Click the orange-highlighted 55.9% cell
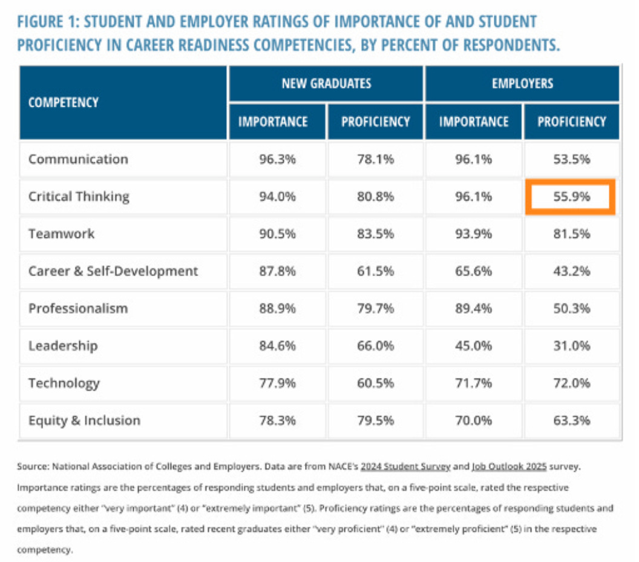pyautogui.click(x=572, y=197)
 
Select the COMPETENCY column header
pyautogui.click(x=63, y=102)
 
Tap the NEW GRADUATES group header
pyautogui.click(x=326, y=83)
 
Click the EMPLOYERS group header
pyautogui.click(x=522, y=83)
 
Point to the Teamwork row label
pyautogui.click(x=61, y=234)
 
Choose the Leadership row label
pyautogui.click(x=62, y=346)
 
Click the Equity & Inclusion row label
pyautogui.click(x=84, y=420)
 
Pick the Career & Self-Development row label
pyautogui.click(x=113, y=271)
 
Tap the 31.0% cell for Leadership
pyautogui.click(x=572, y=346)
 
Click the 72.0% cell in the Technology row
pyautogui.click(x=572, y=383)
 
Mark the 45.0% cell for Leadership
pyautogui.click(x=474, y=346)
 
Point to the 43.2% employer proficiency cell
pyautogui.click(x=572, y=271)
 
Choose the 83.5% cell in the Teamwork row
pyautogui.click(x=375, y=234)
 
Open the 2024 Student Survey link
pyautogui.click(x=405, y=467)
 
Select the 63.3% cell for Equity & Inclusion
pyautogui.click(x=572, y=420)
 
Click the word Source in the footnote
pyautogui.click(x=33, y=467)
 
